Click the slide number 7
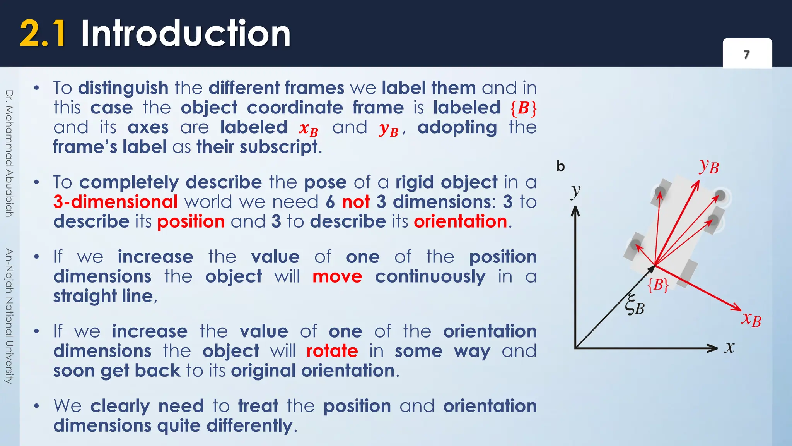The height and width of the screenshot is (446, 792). pos(747,55)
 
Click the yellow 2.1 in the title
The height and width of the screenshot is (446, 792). pos(43,34)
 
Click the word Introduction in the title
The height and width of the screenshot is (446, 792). pos(186,34)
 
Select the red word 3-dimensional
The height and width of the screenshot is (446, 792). pos(116,202)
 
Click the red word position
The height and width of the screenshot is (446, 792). pos(191,221)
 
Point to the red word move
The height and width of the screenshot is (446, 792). pos(337,276)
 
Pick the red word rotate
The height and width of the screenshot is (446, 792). pos(332,351)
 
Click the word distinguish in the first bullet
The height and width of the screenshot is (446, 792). pos(123,88)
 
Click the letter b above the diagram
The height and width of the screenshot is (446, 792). pos(560,166)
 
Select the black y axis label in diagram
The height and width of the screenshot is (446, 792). pos(576,190)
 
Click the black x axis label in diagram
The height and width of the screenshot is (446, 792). pos(729,347)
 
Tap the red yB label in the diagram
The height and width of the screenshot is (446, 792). pos(709,166)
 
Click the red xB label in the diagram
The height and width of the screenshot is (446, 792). pos(751,319)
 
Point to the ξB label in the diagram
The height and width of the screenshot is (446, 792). pos(635,305)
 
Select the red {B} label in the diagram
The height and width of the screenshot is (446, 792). pos(658,285)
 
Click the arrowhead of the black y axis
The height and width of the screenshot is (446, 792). pos(575,211)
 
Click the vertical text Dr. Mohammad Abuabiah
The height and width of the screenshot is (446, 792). pos(9,153)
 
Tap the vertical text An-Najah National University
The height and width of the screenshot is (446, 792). pos(9,316)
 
